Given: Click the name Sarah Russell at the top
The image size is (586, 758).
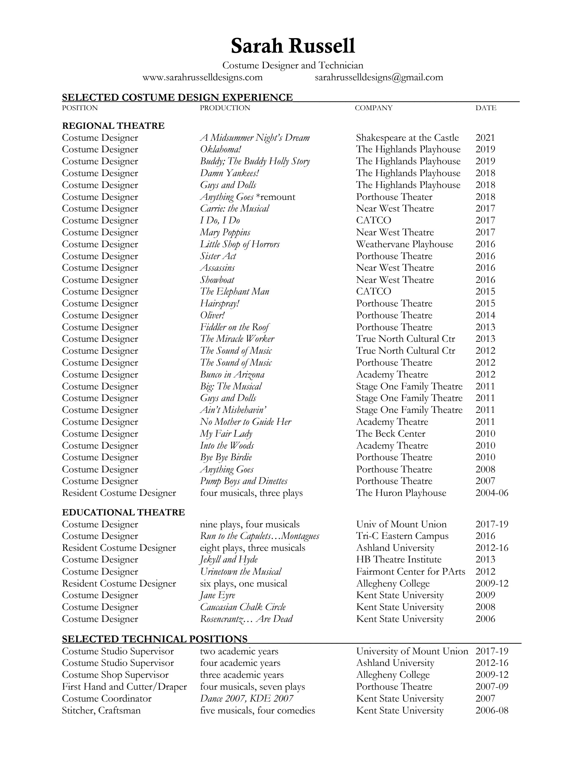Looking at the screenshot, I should pyautogui.click(x=293, y=46).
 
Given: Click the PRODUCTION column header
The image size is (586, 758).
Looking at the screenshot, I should pyautogui.click(x=225, y=108).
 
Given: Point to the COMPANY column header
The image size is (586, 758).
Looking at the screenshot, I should pyautogui.click(x=374, y=108).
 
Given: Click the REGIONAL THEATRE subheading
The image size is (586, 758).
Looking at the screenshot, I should pyautogui.click(x=113, y=126).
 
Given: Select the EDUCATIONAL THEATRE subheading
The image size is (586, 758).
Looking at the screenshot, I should pyautogui.click(x=123, y=512).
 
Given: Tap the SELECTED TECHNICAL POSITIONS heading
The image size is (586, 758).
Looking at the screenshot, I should pyautogui.click(x=154, y=639).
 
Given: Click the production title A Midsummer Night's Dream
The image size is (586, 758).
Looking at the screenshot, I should pyautogui.click(x=255, y=138).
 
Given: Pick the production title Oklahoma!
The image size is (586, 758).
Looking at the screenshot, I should pyautogui.click(x=220, y=150).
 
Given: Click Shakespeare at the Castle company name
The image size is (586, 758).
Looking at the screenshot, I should pyautogui.click(x=407, y=138).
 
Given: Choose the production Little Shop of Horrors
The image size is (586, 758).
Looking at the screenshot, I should pyautogui.click(x=240, y=244).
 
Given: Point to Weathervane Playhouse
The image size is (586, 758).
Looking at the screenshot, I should pyautogui.click(x=404, y=244).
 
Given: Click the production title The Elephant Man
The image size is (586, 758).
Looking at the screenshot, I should pyautogui.click(x=234, y=291).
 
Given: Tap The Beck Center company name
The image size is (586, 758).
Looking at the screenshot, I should pyautogui.click(x=391, y=434).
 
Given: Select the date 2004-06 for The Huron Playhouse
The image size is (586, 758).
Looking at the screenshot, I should pyautogui.click(x=492, y=493).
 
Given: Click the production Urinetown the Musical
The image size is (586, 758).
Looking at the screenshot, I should pyautogui.click(x=241, y=572).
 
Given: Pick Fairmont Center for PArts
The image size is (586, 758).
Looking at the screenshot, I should pyautogui.click(x=410, y=572).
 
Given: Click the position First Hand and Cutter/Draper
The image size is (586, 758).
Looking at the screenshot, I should pyautogui.click(x=124, y=687).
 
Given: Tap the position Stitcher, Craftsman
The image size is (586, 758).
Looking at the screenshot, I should pyautogui.click(x=101, y=710).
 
